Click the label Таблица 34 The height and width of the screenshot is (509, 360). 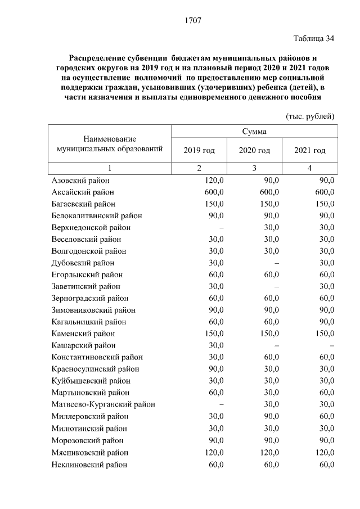click(x=314, y=39)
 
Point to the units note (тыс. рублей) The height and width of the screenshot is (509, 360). click(x=310, y=116)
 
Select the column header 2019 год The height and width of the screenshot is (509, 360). click(x=199, y=150)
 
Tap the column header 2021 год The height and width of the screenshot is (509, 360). click(x=310, y=150)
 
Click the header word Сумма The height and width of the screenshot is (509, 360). click(x=254, y=132)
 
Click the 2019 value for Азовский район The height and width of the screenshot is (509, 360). click(x=214, y=180)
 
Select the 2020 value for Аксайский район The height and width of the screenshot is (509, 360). click(x=269, y=192)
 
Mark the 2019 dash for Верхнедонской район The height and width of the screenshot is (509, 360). click(x=222, y=228)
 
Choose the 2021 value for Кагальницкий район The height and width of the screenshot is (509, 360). click(x=326, y=322)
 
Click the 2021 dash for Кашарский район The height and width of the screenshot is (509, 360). click(x=332, y=346)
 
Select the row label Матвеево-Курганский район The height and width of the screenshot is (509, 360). click(x=103, y=404)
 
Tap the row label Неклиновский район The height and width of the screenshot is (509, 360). click(x=89, y=464)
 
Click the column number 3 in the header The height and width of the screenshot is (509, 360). click(x=254, y=168)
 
